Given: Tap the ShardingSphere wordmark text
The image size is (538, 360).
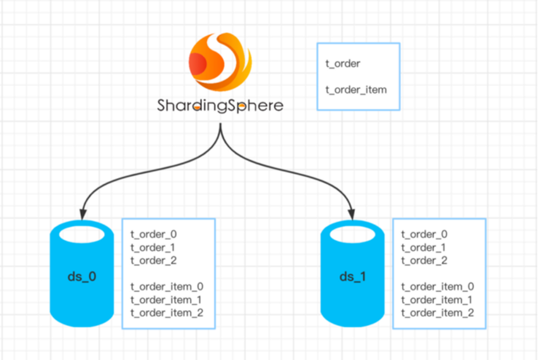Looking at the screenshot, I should click(220, 105).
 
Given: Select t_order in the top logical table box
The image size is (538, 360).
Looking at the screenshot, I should click(343, 63).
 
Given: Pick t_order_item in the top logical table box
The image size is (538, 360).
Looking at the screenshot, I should click(356, 90).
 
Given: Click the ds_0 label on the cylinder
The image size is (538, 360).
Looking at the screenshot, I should click(81, 277).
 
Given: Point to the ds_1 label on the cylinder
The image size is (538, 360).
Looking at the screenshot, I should click(352, 277).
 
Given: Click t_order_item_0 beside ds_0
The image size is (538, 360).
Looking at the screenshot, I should click(167, 286).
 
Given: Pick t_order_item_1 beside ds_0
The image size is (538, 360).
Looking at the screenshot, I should click(167, 299).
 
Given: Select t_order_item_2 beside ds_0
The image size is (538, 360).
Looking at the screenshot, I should click(167, 313).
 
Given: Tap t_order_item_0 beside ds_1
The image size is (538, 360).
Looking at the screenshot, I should click(438, 286).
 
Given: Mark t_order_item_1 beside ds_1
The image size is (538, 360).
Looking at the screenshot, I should click(438, 299).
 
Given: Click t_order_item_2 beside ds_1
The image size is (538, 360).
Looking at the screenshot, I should click(438, 313).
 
